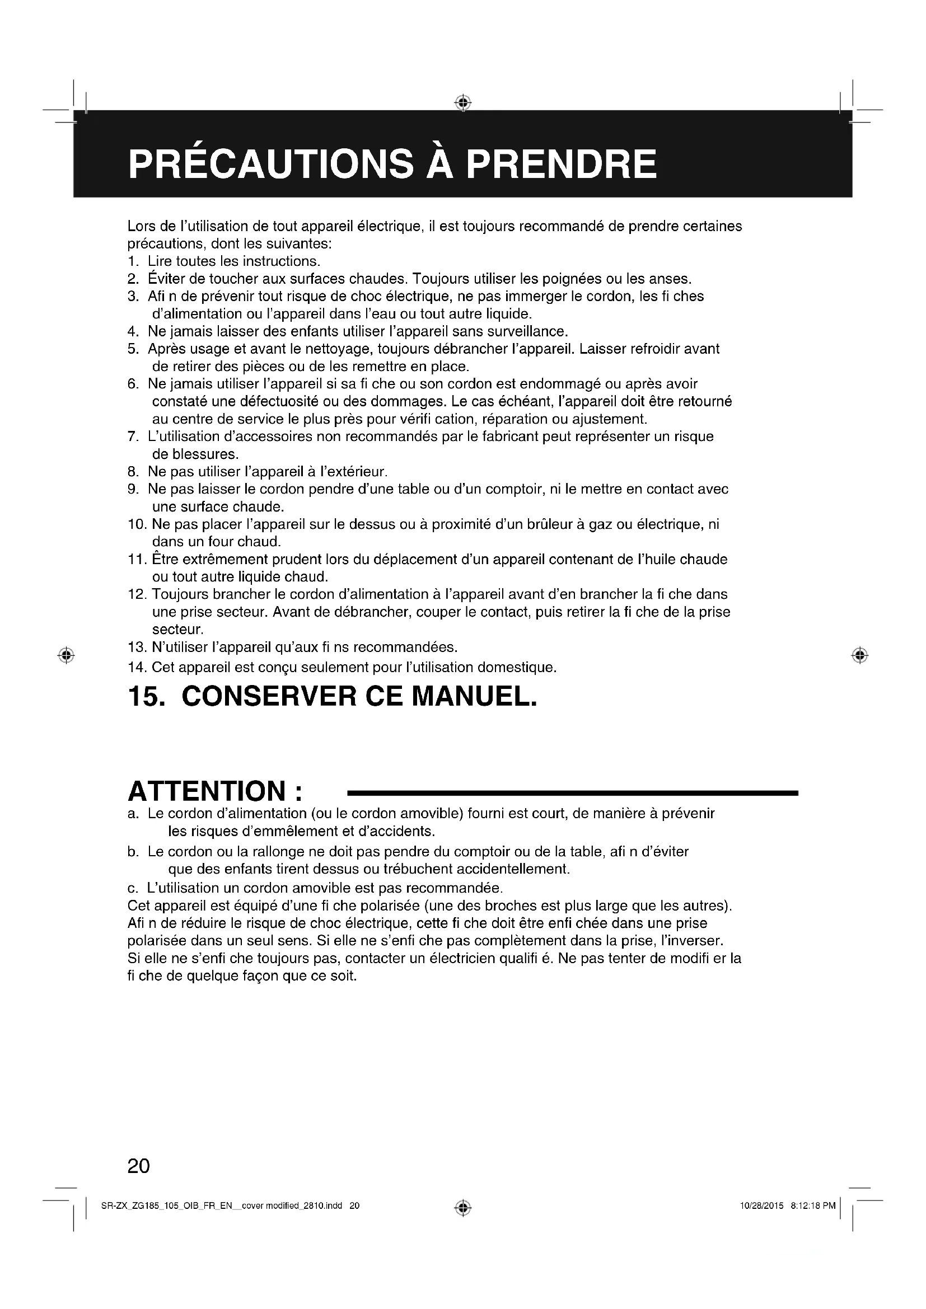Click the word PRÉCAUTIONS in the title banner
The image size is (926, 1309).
(x=271, y=164)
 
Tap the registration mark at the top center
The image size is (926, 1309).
(x=463, y=102)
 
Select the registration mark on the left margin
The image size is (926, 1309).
(x=66, y=656)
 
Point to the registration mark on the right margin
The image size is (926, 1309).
(x=860, y=656)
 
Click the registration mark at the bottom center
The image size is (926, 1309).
(x=463, y=1208)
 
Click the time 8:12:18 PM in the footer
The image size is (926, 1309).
(x=813, y=1206)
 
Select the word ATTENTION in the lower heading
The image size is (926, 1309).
(x=207, y=791)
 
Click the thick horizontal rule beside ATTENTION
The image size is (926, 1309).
(x=573, y=793)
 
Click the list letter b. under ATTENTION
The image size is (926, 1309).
(x=133, y=852)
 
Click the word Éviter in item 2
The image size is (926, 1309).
(x=165, y=279)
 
